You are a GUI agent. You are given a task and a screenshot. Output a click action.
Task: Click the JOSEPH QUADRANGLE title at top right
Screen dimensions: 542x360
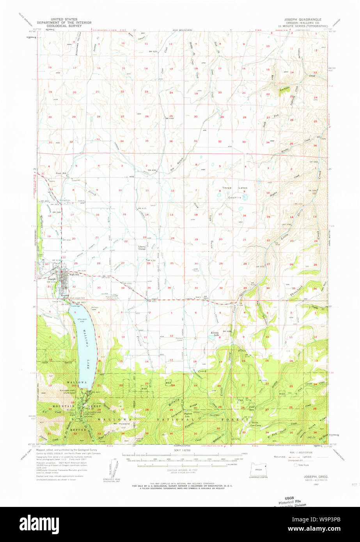pos(303,19)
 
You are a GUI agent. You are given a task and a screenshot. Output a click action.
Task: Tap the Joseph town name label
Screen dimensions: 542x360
pos(52,279)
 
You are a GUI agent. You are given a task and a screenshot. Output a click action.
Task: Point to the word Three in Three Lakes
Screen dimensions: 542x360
pos(227,188)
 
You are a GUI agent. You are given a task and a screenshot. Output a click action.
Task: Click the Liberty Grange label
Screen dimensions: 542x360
pos(143,247)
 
